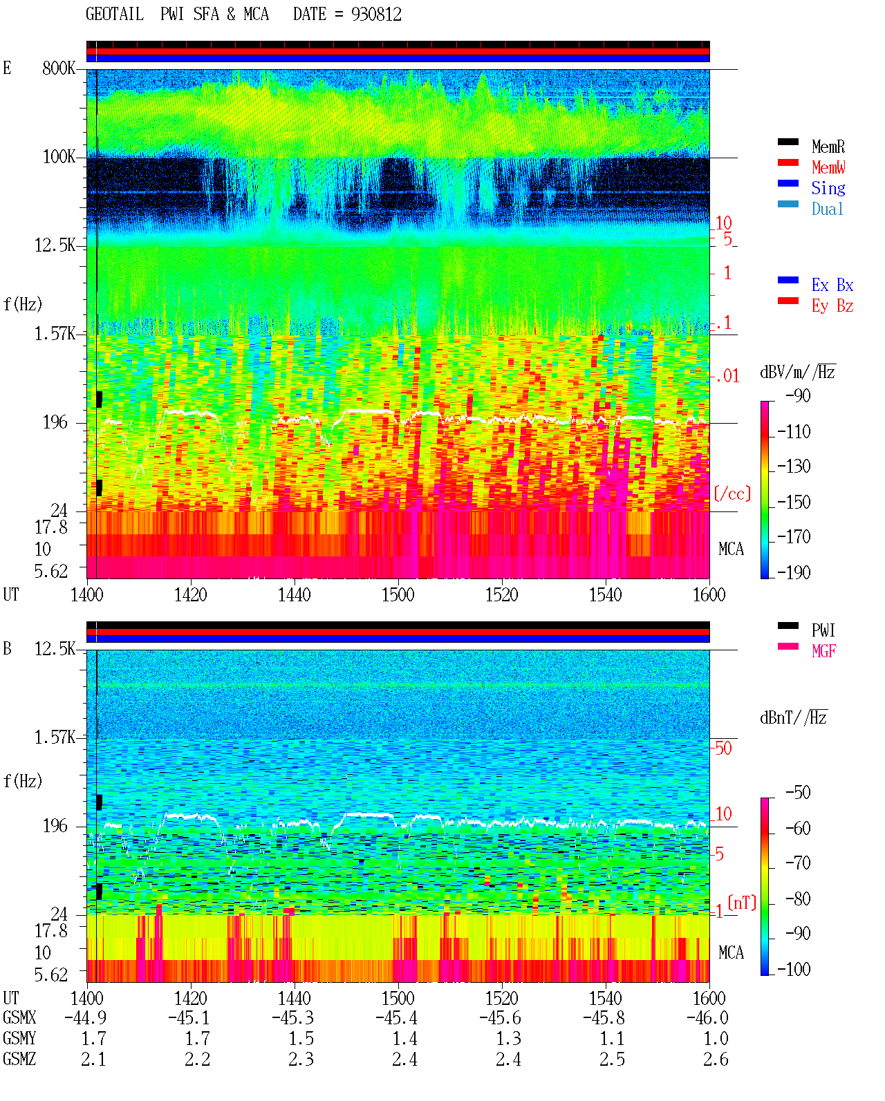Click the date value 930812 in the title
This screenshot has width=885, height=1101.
376,15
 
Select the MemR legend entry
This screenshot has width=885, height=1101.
828,147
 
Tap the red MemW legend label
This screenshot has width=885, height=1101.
828,167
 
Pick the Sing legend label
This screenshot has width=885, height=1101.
828,188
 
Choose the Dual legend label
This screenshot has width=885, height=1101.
827,209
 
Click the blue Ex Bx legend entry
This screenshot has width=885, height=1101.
832,285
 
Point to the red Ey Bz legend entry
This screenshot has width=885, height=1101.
832,306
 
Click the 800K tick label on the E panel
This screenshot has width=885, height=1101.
59,68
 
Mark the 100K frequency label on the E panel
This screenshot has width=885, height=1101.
59,157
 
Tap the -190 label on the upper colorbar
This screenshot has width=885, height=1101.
794,572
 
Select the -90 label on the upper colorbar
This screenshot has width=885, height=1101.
798,395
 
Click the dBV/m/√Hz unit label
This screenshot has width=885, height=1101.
798,372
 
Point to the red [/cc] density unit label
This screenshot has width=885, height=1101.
732,493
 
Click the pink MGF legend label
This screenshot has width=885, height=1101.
823,651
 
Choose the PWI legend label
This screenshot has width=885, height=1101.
823,630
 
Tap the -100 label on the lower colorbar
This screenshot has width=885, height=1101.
794,970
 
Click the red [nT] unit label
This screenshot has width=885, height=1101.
742,903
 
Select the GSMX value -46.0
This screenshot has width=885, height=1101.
707,1018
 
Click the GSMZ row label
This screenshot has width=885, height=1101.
19,1059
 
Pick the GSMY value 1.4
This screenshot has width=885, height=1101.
404,1039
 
